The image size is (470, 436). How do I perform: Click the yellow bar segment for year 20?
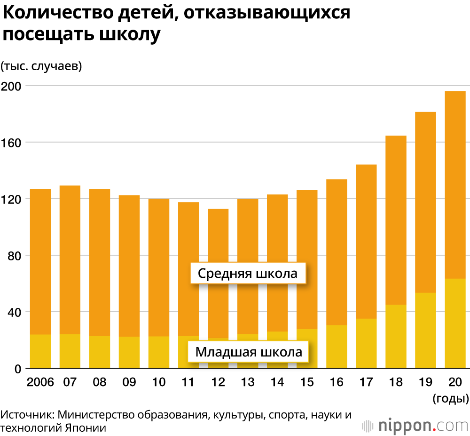click(x=455, y=323)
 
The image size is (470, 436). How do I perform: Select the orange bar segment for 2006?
click(x=40, y=261)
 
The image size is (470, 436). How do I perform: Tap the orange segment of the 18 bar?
click(x=396, y=220)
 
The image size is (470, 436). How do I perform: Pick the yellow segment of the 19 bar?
click(x=425, y=331)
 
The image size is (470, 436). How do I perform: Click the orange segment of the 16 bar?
click(x=337, y=252)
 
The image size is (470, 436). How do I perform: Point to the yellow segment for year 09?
click(x=129, y=352)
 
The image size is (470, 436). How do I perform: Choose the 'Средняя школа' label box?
click(x=248, y=274)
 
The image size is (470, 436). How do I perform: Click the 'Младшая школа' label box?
click(x=248, y=352)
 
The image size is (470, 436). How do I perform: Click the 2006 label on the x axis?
click(x=40, y=382)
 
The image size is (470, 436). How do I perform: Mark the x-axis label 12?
click(x=218, y=382)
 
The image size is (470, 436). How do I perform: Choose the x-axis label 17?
click(x=366, y=382)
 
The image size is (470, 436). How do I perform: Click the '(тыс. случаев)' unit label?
click(x=41, y=66)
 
